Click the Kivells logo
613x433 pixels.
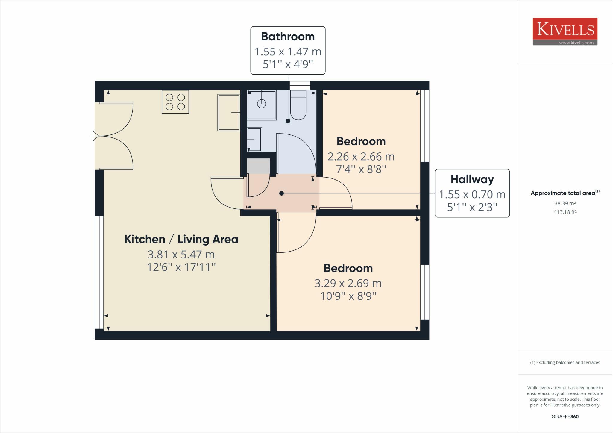coord(565,31)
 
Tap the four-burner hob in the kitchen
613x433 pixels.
coord(175,102)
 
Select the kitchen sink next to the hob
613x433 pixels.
coord(229,113)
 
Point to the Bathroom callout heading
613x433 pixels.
coord(288,37)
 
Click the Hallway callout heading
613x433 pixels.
coord(472,179)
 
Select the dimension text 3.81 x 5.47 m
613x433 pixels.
coord(181,255)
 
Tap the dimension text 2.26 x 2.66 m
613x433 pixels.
coord(361,157)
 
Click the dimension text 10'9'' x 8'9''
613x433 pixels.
coord(348,296)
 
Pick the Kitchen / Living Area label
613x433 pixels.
coord(181,239)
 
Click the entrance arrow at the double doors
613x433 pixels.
coord(94,136)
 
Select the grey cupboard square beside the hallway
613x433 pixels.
coord(258,166)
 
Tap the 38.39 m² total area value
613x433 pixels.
coord(565,203)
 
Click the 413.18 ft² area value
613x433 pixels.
coord(565,212)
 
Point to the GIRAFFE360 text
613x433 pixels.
coord(565,417)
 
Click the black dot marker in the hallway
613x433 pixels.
coord(281,193)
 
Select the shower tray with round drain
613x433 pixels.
coord(262,105)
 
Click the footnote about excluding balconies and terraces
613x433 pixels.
coord(565,362)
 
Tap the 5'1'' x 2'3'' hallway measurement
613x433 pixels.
coord(472,207)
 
